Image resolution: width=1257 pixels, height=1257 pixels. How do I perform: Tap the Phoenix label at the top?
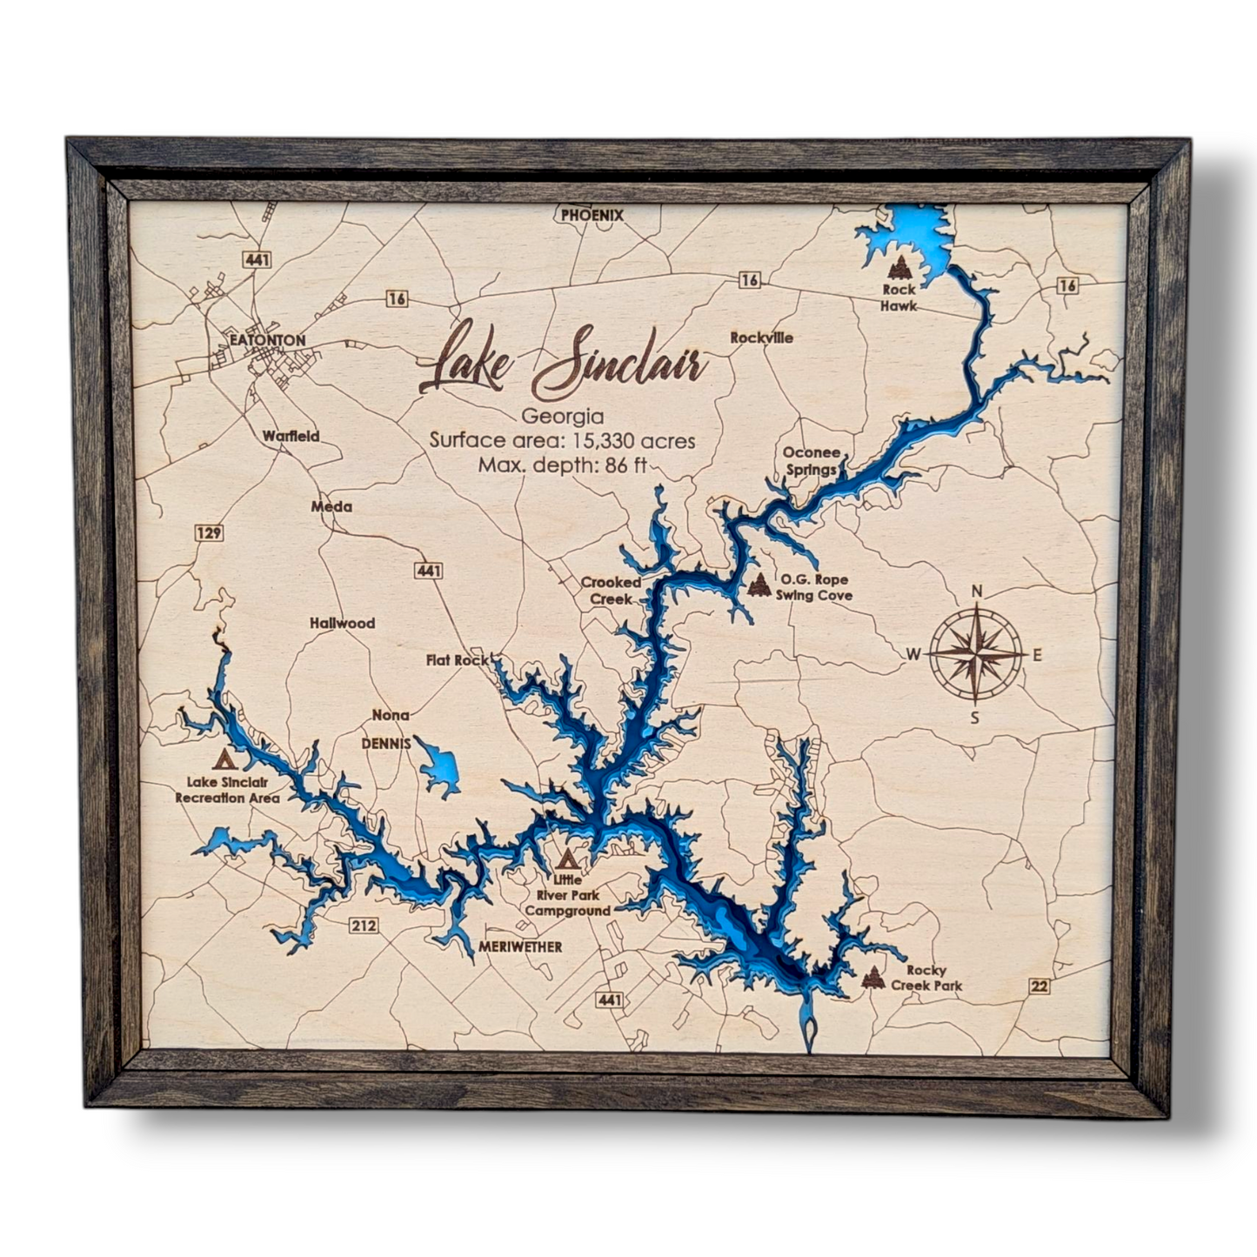[592, 215]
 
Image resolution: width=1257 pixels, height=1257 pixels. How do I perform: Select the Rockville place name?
[761, 338]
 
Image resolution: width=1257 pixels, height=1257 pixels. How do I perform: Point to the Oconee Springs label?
[811, 461]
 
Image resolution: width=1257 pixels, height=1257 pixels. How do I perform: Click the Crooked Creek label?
[611, 590]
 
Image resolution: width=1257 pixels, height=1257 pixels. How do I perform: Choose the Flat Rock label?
[458, 660]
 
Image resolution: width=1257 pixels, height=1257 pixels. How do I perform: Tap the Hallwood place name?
[343, 623]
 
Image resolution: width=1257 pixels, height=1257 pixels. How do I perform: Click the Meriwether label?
[520, 946]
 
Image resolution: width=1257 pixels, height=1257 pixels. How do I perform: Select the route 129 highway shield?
[209, 532]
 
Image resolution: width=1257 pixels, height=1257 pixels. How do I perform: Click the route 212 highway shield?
[363, 925]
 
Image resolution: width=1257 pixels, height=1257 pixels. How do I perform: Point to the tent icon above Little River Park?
[567, 859]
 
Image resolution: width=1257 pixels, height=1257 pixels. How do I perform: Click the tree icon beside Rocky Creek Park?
[873, 978]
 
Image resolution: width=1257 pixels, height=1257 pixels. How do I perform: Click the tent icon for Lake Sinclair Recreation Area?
[226, 760]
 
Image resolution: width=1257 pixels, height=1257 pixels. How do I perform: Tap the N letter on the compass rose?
[976, 592]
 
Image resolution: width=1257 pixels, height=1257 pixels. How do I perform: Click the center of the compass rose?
[976, 653]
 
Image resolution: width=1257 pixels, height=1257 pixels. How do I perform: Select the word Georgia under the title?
[561, 417]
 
